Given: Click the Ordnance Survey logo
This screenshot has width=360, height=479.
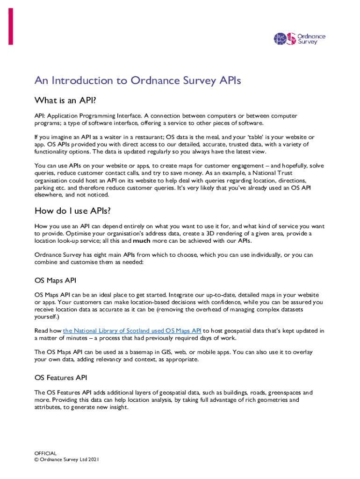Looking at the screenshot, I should (299, 39).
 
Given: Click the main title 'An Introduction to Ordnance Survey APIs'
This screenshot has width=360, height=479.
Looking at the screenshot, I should (137, 81).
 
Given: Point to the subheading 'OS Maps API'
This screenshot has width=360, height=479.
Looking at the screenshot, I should (55, 281).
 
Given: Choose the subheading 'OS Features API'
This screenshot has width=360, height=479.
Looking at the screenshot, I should (60, 377).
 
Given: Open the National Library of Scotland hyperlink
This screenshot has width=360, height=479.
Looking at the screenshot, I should (132, 331).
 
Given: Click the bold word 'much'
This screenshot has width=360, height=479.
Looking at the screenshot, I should (142, 241).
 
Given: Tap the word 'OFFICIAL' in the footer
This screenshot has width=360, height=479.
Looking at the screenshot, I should (45, 453).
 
